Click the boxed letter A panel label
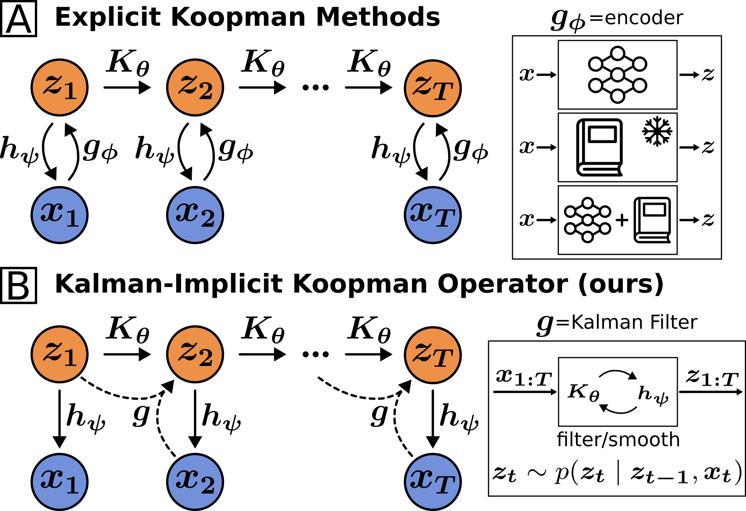pos(19,19)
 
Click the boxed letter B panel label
pos(19,286)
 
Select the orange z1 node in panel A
pos(60,88)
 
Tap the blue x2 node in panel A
pos(195,215)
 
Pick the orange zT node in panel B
pos(433,355)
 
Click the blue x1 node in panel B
pos(60,482)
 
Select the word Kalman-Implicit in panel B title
pos(170,284)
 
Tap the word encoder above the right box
pos(644,18)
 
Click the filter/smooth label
pos(618,440)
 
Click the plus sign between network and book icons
pos(622,220)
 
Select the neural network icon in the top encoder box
pos(617,75)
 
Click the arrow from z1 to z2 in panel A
pos(127,88)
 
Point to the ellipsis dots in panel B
pos(316,354)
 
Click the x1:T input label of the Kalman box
pos(524,378)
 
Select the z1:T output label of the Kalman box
pos(712,378)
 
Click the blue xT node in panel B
pos(433,482)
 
